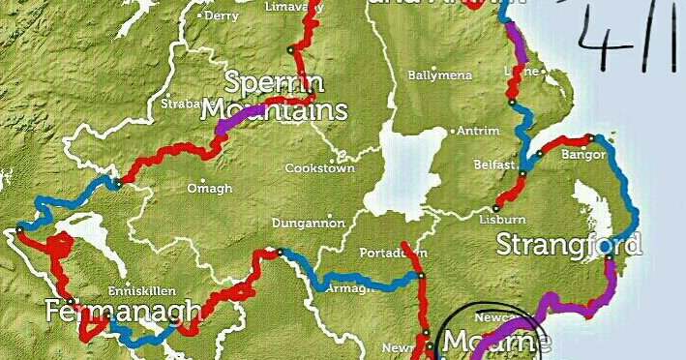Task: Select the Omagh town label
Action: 209,188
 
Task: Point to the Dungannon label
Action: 308,222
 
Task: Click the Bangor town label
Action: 582,155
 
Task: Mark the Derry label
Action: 222,15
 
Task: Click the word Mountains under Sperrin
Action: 274,109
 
